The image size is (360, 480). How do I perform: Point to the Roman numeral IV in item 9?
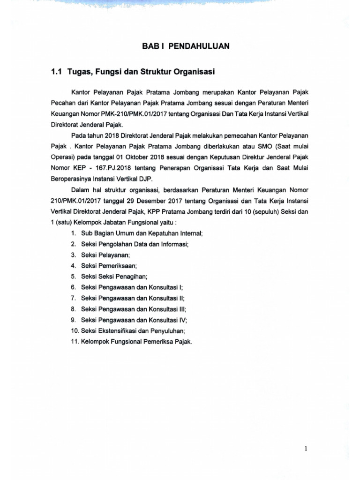pyautogui.click(x=181, y=321)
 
